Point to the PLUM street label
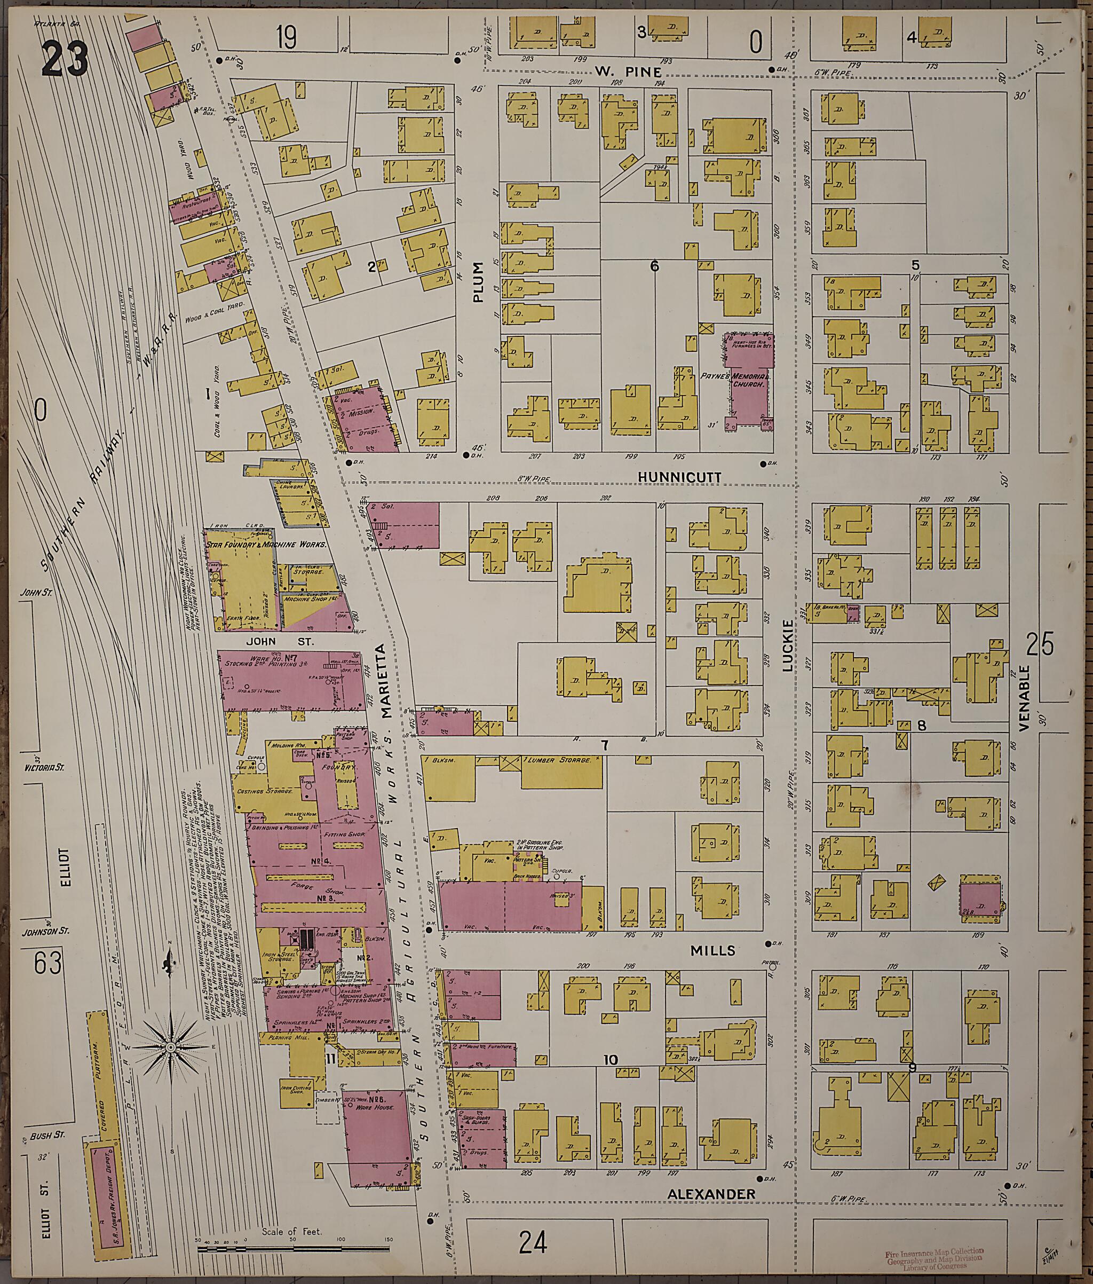478,282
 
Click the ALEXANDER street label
711,1194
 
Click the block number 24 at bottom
534,1242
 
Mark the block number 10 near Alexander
611,1060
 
